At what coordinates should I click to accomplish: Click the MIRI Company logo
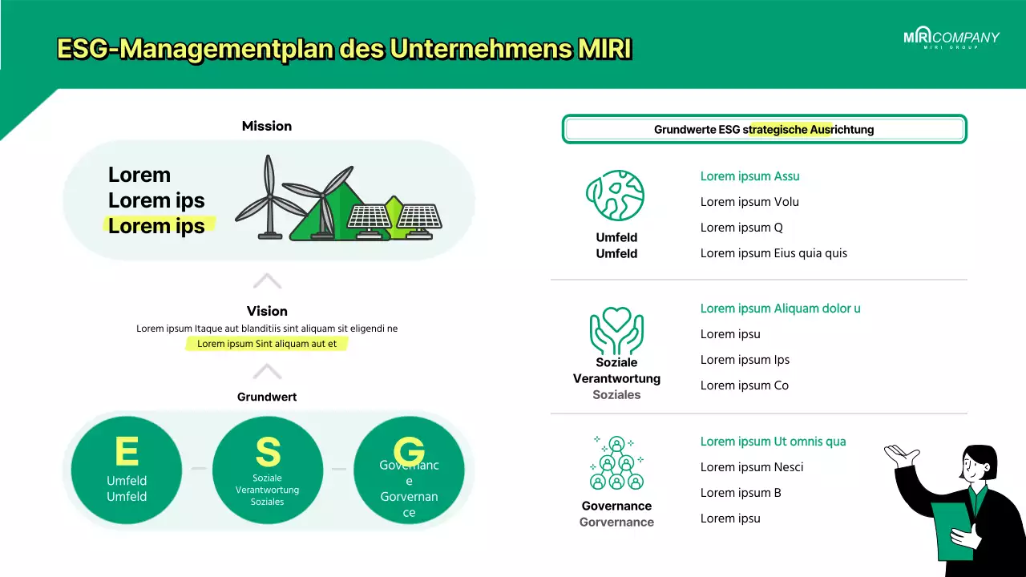(x=951, y=38)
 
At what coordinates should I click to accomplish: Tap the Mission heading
(x=267, y=126)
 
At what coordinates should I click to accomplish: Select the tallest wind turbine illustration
(x=269, y=197)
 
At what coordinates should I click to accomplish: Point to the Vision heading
(x=267, y=311)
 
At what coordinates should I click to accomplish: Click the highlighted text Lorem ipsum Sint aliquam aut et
(x=267, y=344)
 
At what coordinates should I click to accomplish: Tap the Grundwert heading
(x=267, y=397)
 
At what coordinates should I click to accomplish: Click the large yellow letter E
(x=127, y=452)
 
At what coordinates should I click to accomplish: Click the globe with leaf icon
(x=616, y=196)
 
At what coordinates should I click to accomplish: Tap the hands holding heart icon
(x=616, y=330)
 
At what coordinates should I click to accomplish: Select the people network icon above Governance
(x=616, y=463)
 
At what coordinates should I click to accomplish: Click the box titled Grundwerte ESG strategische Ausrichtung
(x=764, y=129)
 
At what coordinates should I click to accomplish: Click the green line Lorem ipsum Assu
(x=749, y=176)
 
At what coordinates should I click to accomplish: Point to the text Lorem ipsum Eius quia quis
(x=774, y=253)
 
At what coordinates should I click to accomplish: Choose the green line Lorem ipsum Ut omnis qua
(x=773, y=442)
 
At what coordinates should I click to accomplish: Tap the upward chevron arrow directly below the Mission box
(x=267, y=281)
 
